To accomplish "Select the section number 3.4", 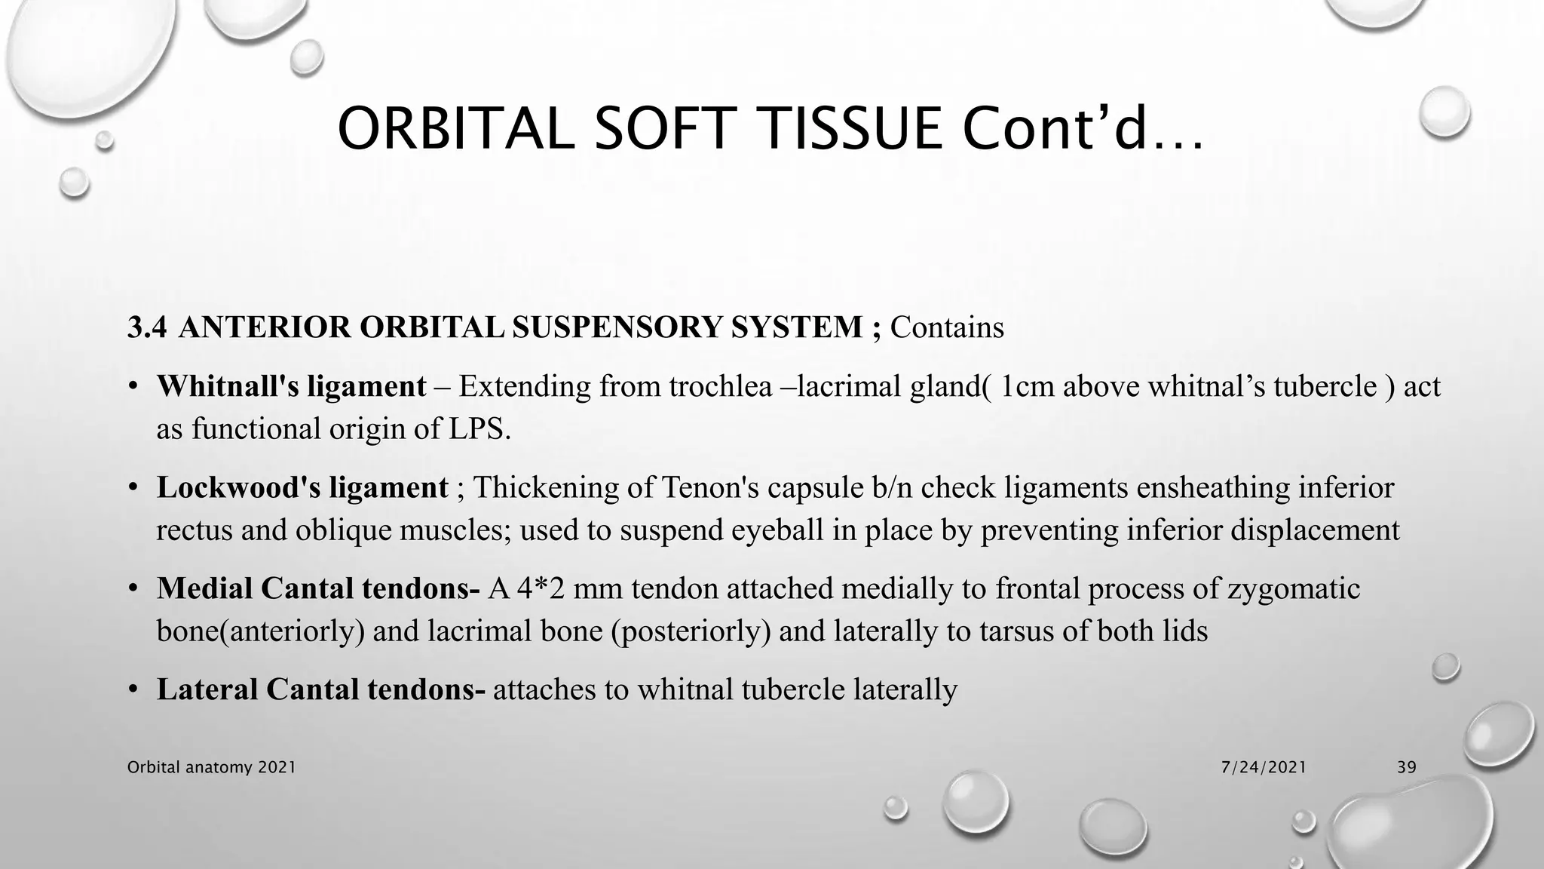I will click(146, 327).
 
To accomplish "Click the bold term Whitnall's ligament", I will click(291, 386).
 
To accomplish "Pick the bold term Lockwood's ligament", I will click(302, 487).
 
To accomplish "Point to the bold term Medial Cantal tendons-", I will click(318, 588).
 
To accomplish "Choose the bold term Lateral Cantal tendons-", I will click(321, 689).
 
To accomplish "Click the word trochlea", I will click(721, 386).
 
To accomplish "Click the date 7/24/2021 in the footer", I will click(1264, 767).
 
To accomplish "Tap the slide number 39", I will click(1406, 767).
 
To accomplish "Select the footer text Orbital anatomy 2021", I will click(211, 767).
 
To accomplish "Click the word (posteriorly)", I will click(691, 631).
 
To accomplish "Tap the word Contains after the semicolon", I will click(947, 327).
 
